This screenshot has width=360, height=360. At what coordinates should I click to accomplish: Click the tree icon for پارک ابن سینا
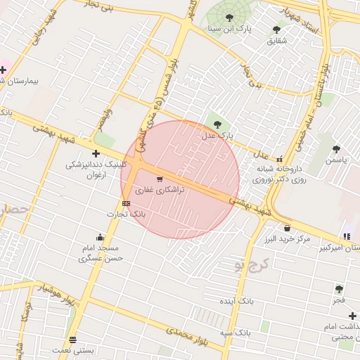point(230,18)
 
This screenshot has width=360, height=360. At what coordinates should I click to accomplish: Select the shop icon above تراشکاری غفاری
point(160,179)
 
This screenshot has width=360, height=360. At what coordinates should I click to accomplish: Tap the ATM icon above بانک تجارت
point(126,203)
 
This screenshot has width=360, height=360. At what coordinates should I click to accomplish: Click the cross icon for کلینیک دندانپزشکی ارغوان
point(96,153)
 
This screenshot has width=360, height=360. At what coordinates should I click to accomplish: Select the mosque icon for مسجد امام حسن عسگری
point(101,237)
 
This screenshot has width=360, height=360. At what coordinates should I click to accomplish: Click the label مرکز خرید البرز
point(288,239)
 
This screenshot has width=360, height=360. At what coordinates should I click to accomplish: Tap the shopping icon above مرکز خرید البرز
point(287,228)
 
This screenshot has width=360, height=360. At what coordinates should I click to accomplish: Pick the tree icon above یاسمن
point(336,149)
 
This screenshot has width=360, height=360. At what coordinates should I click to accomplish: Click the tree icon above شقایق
point(276,30)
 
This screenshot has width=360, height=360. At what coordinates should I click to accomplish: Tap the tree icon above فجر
point(340,289)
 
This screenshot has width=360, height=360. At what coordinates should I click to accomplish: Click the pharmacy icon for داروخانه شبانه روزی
point(280,159)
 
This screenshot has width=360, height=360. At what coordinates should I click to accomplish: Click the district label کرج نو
point(247,263)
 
